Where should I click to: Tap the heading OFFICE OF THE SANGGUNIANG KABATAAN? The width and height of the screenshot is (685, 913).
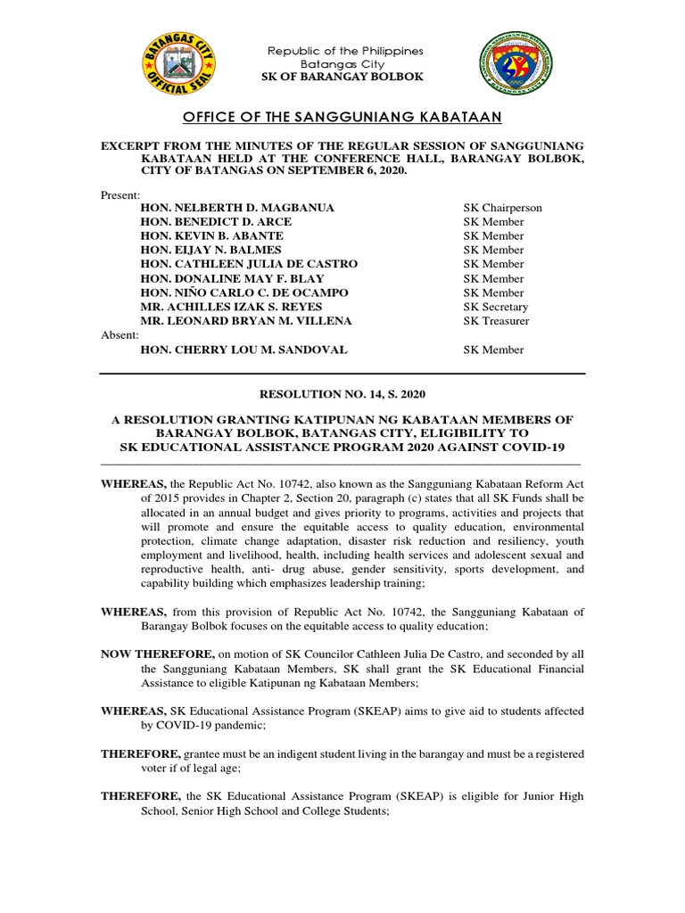342,118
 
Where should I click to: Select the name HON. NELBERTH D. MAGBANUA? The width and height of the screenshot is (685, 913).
237,208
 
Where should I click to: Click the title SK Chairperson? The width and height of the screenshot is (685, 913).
502,208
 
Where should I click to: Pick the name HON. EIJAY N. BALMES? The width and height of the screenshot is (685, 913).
210,251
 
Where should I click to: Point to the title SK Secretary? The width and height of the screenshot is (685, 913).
495,307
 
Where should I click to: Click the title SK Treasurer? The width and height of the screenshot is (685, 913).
496,321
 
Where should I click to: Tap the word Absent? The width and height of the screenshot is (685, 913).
120,335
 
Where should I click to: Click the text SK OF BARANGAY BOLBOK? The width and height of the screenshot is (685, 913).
342,78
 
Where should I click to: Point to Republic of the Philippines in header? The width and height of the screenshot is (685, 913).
346,51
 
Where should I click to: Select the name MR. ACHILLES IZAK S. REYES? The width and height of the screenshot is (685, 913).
234,307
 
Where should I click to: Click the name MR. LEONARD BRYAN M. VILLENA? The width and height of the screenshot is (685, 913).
246,321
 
